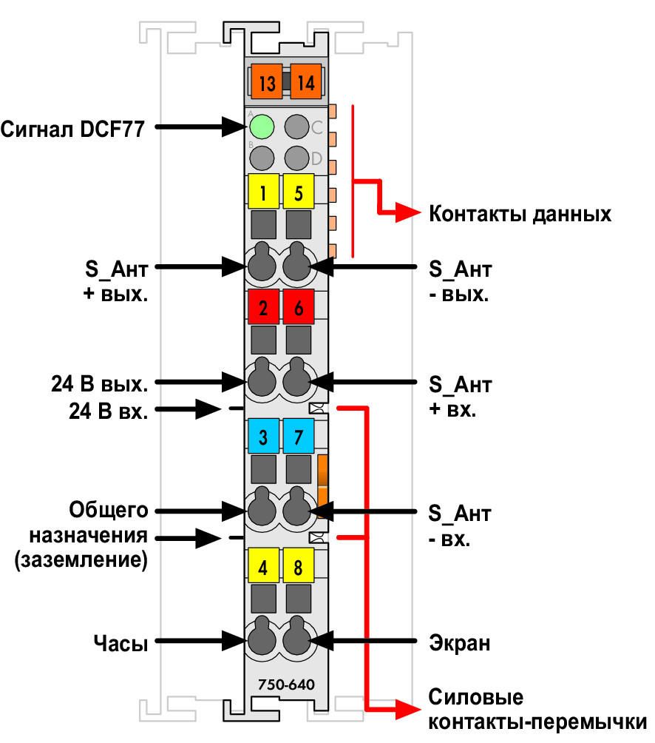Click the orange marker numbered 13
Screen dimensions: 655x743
[266, 81]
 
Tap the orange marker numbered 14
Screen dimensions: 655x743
[305, 81]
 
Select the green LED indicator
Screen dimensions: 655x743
[262, 127]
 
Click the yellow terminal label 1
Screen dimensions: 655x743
[263, 192]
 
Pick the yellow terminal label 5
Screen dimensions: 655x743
[298, 192]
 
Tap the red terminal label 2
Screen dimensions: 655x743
[263, 307]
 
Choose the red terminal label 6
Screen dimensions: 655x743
[298, 307]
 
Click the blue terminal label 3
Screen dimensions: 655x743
[263, 436]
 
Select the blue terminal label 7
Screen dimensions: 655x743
[298, 436]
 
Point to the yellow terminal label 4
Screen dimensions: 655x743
[263, 565]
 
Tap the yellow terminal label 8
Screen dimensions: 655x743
[298, 565]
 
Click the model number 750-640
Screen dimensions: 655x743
[286, 685]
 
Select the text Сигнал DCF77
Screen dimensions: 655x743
[72, 129]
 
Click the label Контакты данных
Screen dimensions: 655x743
[520, 214]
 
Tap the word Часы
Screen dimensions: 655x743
[121, 643]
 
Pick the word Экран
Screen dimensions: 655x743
[459, 643]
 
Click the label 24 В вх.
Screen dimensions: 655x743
[109, 411]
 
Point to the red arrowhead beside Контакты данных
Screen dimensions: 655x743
[407, 212]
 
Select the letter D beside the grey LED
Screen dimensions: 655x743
[316, 158]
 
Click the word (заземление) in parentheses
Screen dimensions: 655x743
[81, 559]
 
